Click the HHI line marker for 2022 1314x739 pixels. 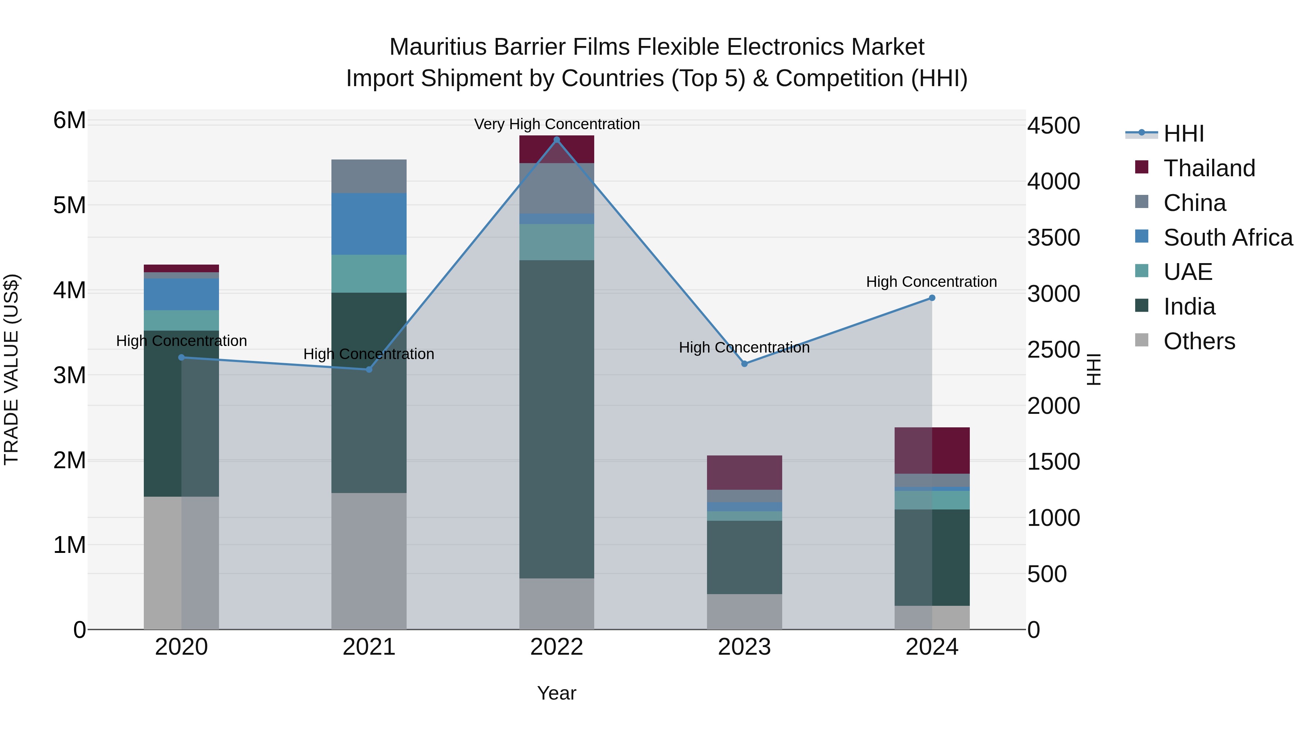point(557,140)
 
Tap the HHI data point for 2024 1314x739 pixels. point(932,298)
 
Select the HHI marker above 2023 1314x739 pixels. point(744,363)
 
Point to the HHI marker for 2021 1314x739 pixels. point(369,369)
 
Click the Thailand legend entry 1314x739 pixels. point(1209,168)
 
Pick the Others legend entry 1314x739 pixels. point(1199,341)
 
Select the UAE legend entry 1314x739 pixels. point(1187,272)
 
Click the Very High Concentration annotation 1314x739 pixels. point(557,124)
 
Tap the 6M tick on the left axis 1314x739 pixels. point(69,120)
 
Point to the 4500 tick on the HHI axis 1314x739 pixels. point(1053,126)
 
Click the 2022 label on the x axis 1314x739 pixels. point(557,647)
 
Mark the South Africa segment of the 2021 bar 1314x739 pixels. point(369,224)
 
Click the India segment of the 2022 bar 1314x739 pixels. point(557,418)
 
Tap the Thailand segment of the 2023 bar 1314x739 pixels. point(744,472)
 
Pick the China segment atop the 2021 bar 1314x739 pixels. point(369,176)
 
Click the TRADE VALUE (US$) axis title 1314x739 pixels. point(11,369)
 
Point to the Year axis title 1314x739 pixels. point(557,693)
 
